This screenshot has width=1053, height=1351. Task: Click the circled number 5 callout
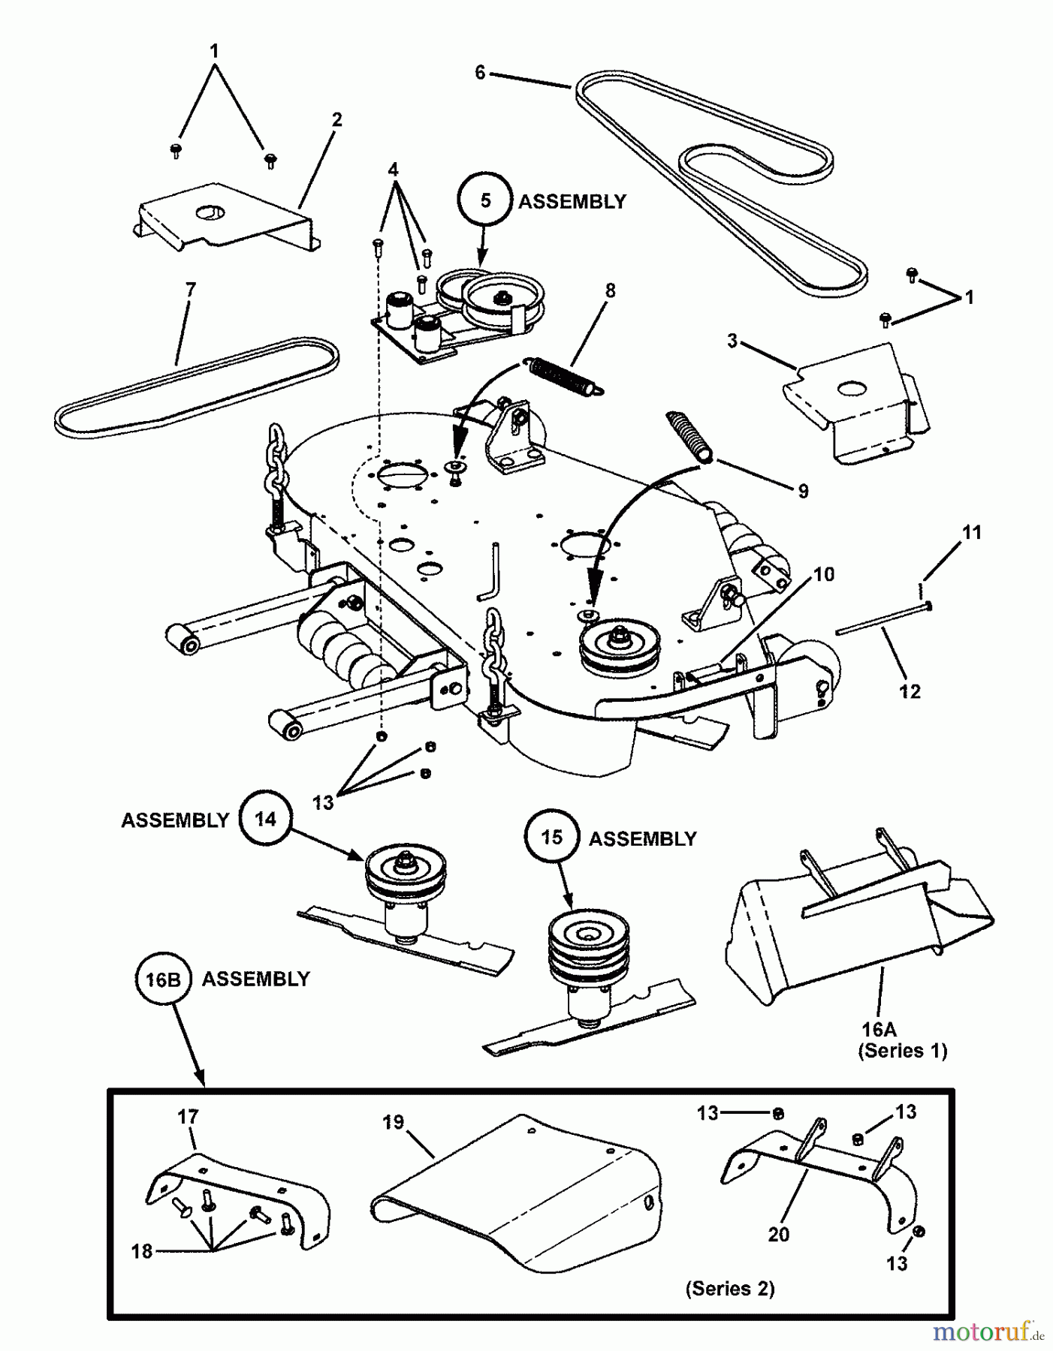pos(485,200)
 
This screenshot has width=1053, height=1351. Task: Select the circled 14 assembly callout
pos(265,819)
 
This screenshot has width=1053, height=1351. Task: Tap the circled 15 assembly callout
pos(552,837)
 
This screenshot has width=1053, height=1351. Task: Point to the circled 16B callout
pos(164,979)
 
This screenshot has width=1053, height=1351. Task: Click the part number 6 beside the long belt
pos(481,73)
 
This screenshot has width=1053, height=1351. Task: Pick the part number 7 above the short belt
pos(190,289)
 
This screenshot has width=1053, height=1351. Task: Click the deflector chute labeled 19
pos(518,1208)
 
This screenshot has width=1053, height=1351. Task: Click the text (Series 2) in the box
pos(729,1289)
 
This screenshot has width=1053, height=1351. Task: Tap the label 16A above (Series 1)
pos(878,1030)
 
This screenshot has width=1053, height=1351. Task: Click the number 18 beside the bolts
pos(141,1250)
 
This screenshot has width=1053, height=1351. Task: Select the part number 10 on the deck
pos(824,574)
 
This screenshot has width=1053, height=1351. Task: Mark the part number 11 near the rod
pos(972,532)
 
